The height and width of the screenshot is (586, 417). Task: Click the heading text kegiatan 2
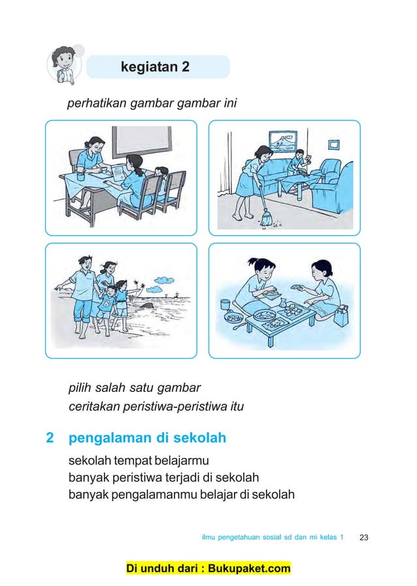155,67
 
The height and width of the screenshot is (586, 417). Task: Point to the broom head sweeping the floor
265,221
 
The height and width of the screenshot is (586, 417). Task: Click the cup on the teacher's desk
78,176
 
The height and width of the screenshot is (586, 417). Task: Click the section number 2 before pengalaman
50,437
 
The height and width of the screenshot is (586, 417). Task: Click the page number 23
364,537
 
